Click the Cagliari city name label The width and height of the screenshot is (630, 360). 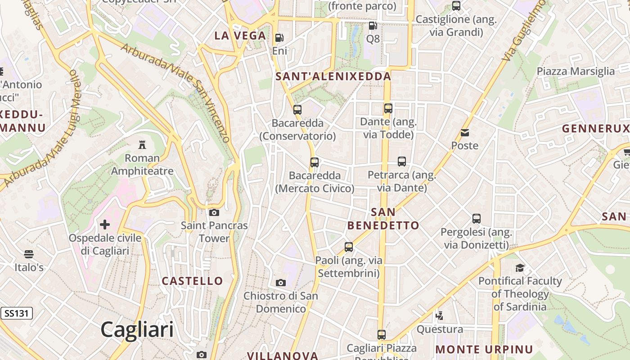pyautogui.click(x=137, y=329)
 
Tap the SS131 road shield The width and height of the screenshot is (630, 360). pyautogui.click(x=17, y=313)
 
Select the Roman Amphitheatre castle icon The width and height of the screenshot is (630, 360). pyautogui.click(x=142, y=145)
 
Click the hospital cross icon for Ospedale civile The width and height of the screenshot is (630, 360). pyautogui.click(x=105, y=225)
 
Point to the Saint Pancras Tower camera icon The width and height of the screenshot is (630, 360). pyautogui.click(x=214, y=212)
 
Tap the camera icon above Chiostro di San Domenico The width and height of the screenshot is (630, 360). pyautogui.click(x=281, y=283)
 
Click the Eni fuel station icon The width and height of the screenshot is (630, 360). pyautogui.click(x=279, y=38)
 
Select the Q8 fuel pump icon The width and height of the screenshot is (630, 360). pyautogui.click(x=373, y=26)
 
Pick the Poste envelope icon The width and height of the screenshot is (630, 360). pyautogui.click(x=465, y=133)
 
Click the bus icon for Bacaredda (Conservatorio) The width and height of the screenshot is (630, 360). pyautogui.click(x=297, y=109)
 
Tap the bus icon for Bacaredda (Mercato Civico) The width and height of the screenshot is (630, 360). pyautogui.click(x=315, y=162)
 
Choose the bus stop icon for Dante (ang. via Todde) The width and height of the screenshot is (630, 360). pyautogui.click(x=388, y=108)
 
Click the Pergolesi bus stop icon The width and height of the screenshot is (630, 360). pyautogui.click(x=477, y=219)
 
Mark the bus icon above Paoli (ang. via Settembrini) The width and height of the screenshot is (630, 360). pyautogui.click(x=349, y=247)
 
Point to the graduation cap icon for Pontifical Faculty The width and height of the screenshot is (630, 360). pyautogui.click(x=520, y=268)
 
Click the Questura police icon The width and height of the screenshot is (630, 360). pyautogui.click(x=439, y=316)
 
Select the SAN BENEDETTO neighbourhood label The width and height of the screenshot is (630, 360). pyautogui.click(x=383, y=219)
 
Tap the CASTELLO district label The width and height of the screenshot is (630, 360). pyautogui.click(x=192, y=281)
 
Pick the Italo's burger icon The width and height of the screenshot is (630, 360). pyautogui.click(x=29, y=254)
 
